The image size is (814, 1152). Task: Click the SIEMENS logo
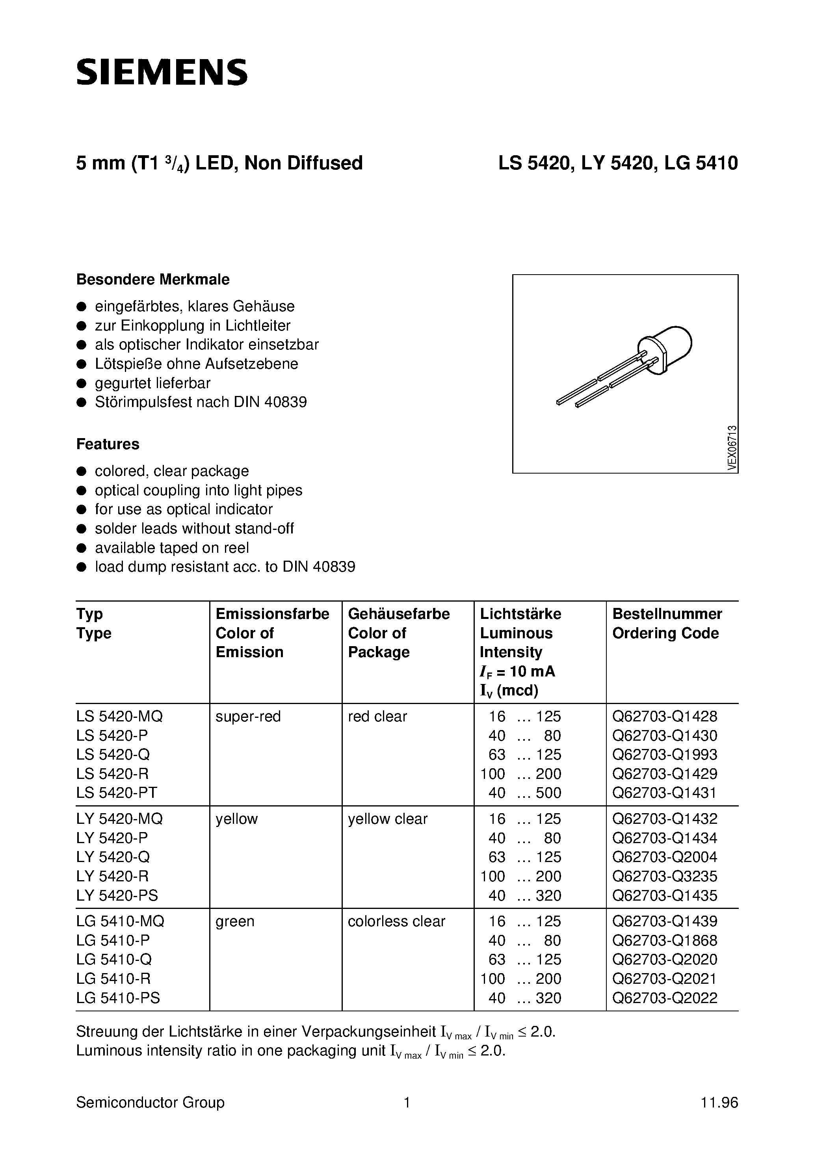[162, 72]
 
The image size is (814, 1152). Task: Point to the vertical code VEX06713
[732, 448]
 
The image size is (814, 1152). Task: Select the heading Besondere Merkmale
[152, 279]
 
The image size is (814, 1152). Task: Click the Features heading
[108, 444]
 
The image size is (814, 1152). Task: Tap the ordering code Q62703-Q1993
[664, 754]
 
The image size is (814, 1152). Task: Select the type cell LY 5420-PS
[117, 895]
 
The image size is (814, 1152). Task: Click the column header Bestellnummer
[667, 614]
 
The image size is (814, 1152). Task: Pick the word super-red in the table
[248, 717]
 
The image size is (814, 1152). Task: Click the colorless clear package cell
[396, 921]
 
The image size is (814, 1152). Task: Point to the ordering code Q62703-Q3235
[664, 876]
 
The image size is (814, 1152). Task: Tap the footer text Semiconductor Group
[150, 1102]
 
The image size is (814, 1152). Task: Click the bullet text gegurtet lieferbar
[152, 383]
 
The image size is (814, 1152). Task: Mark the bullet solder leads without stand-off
[194, 528]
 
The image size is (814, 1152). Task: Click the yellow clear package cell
[387, 819]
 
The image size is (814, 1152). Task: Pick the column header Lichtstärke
[520, 614]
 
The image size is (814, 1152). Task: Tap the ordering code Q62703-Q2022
[664, 998]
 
